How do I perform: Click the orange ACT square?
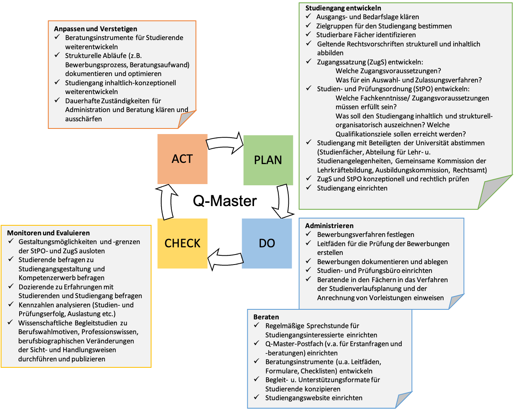tap(182, 159)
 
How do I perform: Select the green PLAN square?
tap(268, 160)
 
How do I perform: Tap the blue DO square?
tap(267, 243)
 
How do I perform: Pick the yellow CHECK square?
tap(182, 243)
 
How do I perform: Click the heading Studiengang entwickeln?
tap(343, 8)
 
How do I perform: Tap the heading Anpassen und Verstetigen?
tap(96, 29)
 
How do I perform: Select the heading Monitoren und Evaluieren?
tap(48, 233)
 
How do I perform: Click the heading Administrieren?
tap(329, 226)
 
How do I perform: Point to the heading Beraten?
tap(266, 317)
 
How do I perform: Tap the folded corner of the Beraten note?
tap(404, 401)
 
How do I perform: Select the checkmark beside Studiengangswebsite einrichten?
tap(257, 397)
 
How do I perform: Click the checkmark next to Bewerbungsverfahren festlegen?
tap(308, 234)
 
